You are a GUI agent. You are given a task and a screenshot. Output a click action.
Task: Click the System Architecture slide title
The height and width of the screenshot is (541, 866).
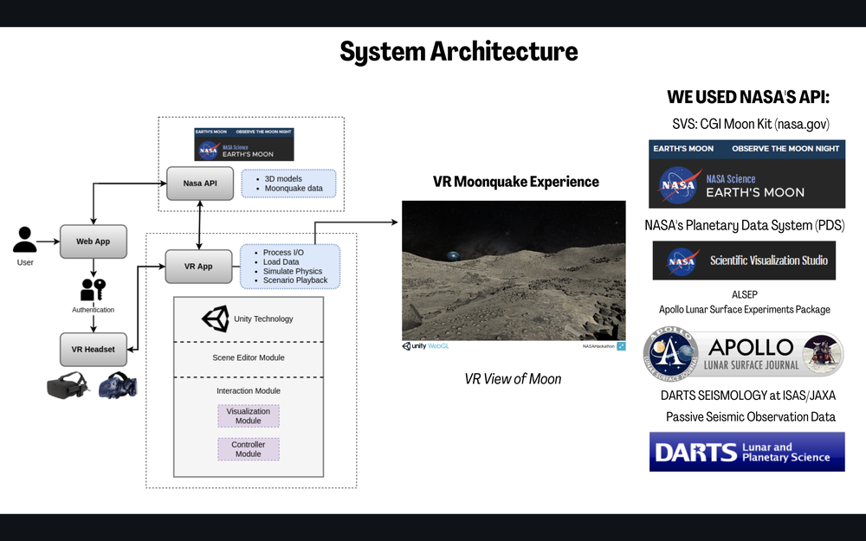click(458, 52)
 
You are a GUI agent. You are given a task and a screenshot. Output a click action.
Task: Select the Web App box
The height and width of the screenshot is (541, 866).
click(92, 242)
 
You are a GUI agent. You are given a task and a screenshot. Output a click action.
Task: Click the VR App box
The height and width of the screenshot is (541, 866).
click(199, 267)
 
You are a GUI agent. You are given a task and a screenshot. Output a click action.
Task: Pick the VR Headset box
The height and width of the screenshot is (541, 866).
click(93, 348)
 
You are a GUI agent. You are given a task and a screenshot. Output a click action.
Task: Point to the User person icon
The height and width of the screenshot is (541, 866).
click(25, 240)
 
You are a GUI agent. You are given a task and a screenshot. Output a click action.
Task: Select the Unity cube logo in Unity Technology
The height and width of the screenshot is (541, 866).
click(216, 319)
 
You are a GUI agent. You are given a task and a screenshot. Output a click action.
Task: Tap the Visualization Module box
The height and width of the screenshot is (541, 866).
click(249, 416)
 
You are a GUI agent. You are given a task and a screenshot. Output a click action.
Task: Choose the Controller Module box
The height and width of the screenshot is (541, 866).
click(249, 449)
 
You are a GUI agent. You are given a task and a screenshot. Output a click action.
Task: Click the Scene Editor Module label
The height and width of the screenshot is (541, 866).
click(249, 357)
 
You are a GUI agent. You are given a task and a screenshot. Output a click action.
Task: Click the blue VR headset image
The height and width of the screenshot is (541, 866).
click(118, 385)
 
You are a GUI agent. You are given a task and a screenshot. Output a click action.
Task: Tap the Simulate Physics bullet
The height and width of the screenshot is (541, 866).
click(294, 271)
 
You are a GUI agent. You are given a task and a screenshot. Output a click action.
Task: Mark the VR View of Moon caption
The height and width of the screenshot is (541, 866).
click(513, 379)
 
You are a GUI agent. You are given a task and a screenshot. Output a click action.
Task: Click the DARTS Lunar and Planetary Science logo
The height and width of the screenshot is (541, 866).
click(746, 452)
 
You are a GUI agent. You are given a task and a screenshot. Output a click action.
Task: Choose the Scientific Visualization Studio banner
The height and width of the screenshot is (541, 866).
click(744, 261)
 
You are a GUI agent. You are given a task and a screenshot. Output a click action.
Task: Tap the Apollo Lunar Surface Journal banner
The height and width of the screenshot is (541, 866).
click(744, 354)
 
